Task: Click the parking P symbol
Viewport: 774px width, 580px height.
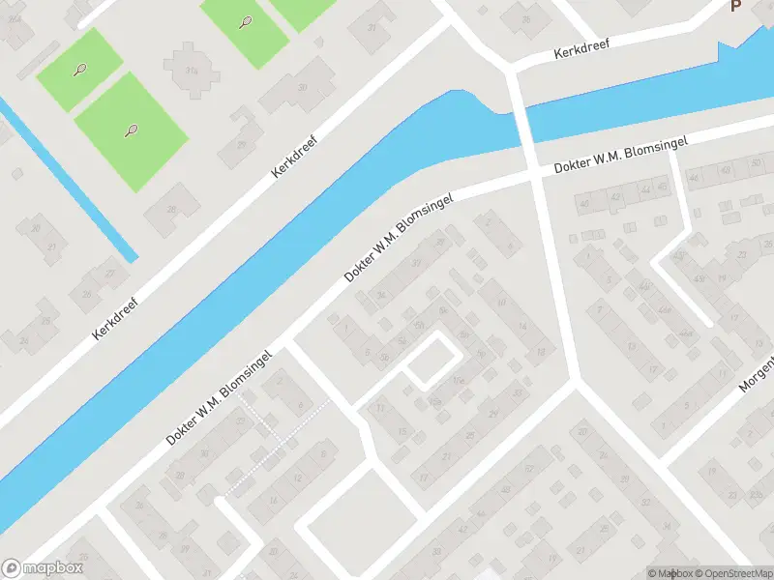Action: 735,6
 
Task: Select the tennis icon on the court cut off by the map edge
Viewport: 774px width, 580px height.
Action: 244,22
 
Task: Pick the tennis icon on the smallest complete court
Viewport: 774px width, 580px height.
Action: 79,69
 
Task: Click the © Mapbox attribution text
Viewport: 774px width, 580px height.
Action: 670,573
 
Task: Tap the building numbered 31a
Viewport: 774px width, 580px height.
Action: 191,70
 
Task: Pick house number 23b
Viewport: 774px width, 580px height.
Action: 756,497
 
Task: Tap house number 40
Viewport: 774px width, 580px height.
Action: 582,204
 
